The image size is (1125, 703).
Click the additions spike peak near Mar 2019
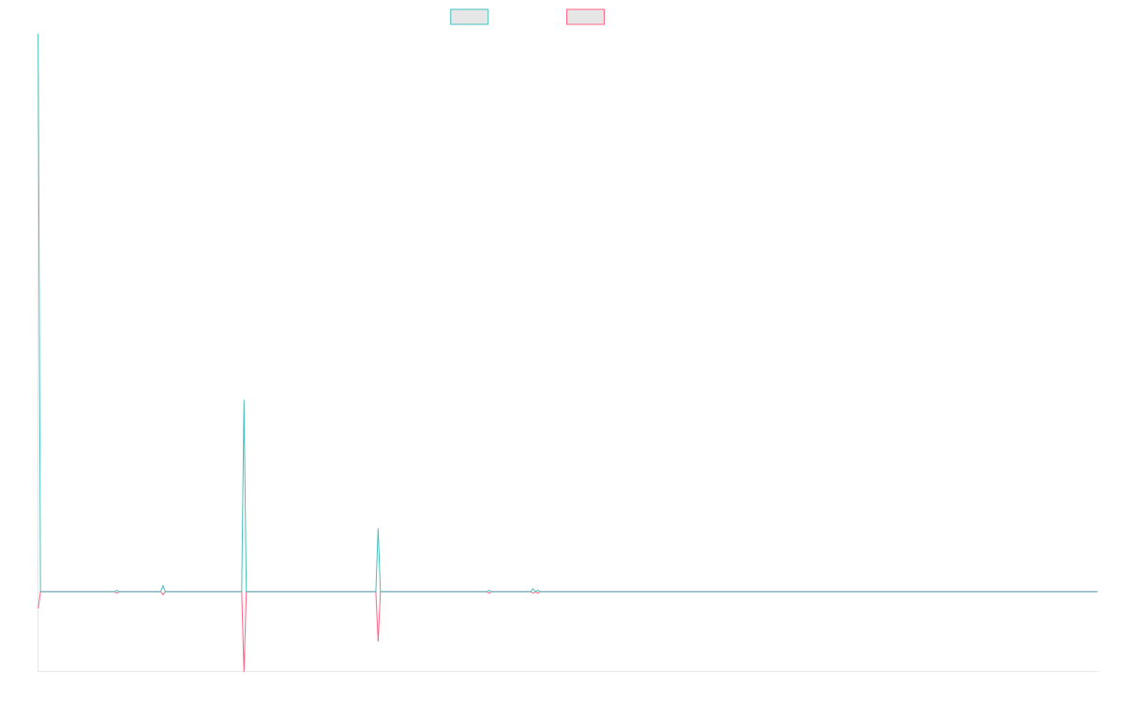point(245,400)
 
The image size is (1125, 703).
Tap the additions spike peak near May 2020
point(378,529)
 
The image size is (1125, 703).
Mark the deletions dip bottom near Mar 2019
point(245,669)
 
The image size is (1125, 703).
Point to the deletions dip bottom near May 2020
point(378,641)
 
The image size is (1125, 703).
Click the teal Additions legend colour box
point(470,17)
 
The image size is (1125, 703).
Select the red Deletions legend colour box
point(586,17)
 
